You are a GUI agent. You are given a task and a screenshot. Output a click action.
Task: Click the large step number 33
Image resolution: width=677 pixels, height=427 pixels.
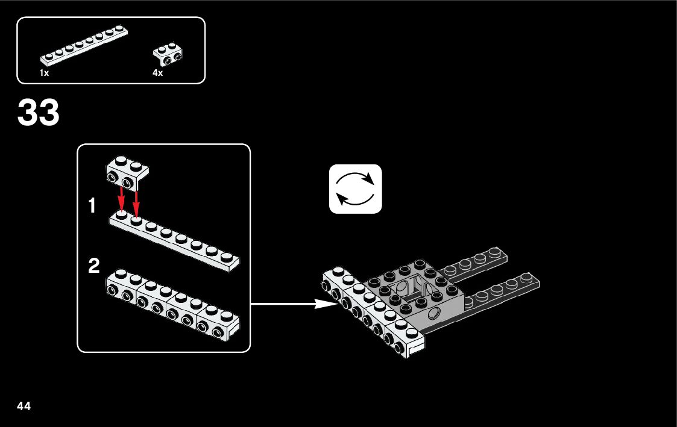coord(39,113)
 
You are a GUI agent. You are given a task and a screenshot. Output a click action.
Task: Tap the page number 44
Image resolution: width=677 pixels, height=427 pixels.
coord(24,405)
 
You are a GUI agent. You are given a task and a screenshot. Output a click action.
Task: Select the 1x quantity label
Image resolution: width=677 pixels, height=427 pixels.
coord(44,73)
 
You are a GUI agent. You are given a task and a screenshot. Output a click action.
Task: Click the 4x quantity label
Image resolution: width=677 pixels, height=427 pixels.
coord(158,73)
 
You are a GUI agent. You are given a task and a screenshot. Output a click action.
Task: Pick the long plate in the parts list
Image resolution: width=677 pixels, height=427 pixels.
coord(84,46)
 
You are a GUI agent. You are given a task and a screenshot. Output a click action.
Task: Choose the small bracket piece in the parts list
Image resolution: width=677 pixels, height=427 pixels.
coord(168,54)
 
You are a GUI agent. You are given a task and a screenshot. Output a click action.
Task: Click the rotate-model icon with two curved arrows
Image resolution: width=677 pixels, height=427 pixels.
coord(356,189)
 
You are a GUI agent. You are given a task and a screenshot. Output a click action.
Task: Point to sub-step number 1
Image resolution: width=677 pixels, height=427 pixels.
coord(92,207)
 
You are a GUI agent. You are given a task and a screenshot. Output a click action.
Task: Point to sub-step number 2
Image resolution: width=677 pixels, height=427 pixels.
coord(94,266)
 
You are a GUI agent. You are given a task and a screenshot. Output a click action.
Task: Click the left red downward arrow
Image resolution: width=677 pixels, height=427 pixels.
coord(121,198)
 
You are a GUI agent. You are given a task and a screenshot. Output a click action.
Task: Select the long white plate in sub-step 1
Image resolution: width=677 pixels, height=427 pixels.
coord(175,241)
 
